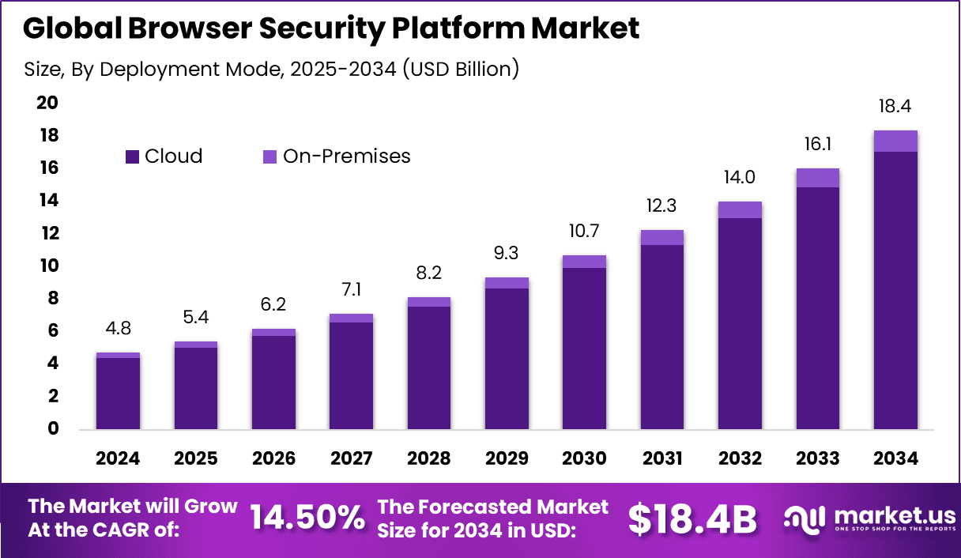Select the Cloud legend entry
(164, 156)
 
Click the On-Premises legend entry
(337, 156)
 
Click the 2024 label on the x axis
(118, 458)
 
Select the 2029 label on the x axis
(507, 458)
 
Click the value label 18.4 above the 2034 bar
(895, 107)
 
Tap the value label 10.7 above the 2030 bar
(584, 232)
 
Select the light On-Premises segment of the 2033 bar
(818, 178)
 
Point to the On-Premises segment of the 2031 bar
(661, 237)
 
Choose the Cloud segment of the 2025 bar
(195, 388)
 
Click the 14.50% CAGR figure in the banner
(307, 518)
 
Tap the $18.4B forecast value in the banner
(692, 518)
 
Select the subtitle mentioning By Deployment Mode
(271, 69)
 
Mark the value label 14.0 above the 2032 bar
(740, 178)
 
